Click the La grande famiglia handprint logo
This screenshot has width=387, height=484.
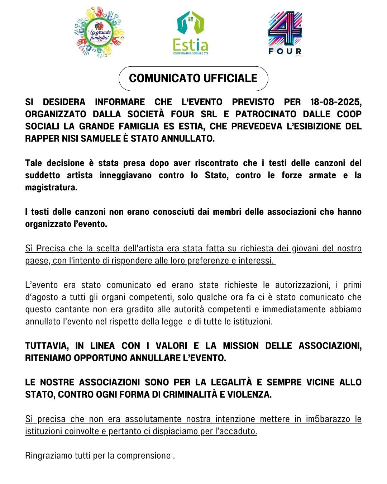coord(99,32)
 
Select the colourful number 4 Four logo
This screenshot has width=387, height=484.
coord(285,33)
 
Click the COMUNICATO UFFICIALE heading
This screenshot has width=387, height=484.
coord(193,79)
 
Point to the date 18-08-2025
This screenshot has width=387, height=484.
coord(336,102)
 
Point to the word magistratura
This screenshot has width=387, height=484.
coord(51,188)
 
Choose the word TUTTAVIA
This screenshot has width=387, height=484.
coord(47,346)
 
